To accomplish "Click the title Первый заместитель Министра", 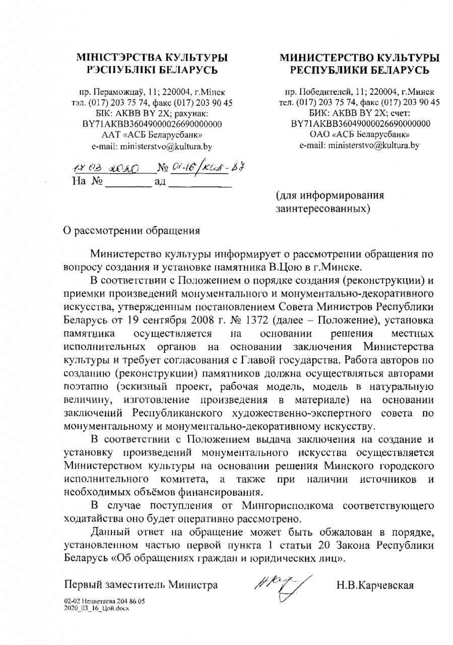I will click(142, 586).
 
